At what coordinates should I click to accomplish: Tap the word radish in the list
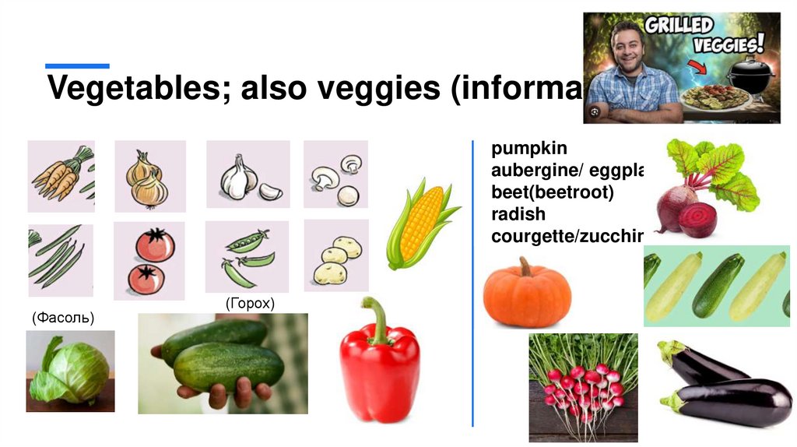518,214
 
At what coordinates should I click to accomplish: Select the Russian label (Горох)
250,304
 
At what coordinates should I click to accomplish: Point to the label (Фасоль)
63,318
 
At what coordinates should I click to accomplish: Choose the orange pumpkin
527,296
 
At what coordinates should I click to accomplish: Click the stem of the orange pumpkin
526,267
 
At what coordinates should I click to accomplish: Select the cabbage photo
69,371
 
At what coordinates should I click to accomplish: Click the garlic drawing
246,177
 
